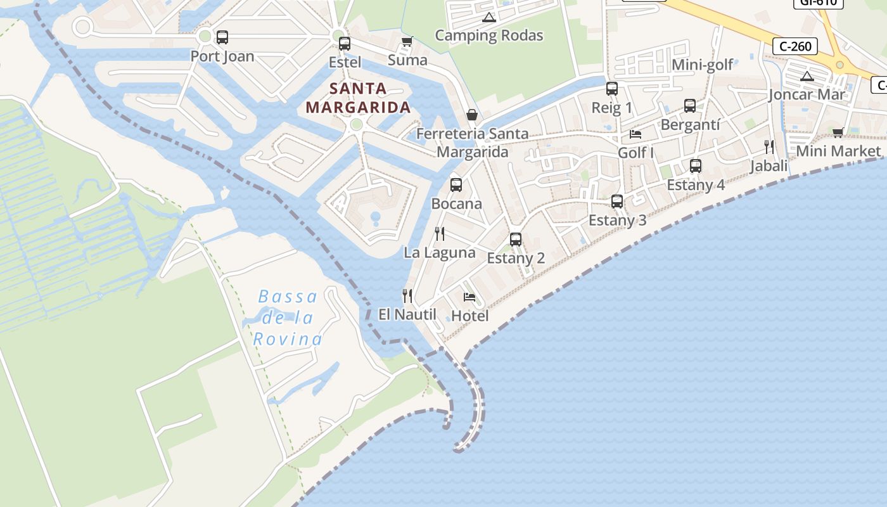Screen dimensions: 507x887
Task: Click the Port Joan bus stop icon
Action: click(222, 37)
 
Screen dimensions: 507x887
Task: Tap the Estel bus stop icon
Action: click(344, 44)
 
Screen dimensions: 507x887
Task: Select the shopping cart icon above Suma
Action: click(407, 42)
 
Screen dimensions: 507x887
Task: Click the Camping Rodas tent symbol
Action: click(488, 17)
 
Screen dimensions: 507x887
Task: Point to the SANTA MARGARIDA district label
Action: click(358, 98)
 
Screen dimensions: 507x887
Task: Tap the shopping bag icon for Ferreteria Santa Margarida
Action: click(471, 115)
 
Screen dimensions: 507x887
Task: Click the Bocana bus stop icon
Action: click(456, 185)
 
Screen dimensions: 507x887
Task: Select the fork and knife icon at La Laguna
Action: click(440, 234)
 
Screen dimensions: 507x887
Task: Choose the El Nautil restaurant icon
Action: click(407, 295)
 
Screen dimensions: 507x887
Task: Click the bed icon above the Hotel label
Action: click(469, 297)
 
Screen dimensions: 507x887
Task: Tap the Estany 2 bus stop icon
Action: click(516, 240)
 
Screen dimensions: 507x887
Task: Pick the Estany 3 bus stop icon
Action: click(617, 202)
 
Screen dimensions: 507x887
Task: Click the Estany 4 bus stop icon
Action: click(695, 166)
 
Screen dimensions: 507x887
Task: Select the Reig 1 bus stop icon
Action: click(611, 89)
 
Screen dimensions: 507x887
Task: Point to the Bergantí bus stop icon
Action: click(689, 106)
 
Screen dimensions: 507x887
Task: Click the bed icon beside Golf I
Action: click(635, 134)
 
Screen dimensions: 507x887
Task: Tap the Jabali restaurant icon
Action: click(769, 147)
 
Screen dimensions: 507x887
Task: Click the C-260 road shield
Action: click(794, 46)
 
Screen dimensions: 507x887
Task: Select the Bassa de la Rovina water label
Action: click(288, 318)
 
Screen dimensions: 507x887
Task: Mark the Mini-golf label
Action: click(702, 65)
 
